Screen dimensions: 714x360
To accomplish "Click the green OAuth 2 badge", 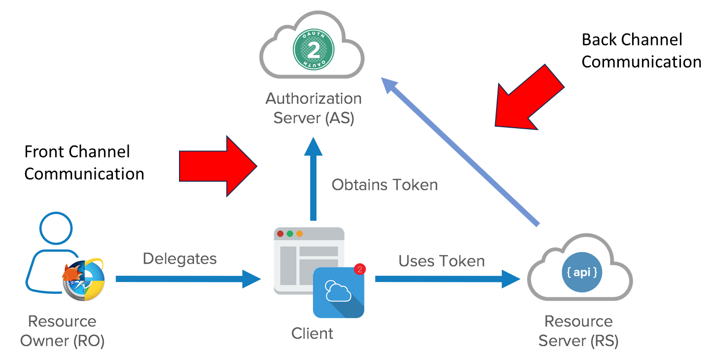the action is [x=313, y=49].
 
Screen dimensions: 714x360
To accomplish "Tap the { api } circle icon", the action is [x=582, y=272].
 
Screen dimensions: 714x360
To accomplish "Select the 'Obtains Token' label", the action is [x=385, y=185].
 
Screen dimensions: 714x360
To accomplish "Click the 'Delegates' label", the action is [x=180, y=258].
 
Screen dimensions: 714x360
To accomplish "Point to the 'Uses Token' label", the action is [x=441, y=261].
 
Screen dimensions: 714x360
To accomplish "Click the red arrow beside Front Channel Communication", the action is [x=218, y=166].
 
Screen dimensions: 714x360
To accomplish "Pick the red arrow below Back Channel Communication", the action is [x=529, y=97].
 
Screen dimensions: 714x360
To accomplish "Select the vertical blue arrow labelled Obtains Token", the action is [x=313, y=179].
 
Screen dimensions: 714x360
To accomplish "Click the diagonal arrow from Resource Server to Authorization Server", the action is [x=460, y=152].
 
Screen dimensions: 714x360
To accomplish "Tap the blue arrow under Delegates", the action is [x=188, y=279].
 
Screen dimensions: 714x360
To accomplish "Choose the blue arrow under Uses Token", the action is [x=448, y=279].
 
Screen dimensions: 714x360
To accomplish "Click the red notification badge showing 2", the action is [x=359, y=269].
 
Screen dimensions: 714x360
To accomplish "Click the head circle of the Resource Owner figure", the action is [x=56, y=228].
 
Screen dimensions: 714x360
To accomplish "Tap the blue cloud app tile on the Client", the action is [x=339, y=292].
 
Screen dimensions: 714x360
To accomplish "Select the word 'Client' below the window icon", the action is [x=312, y=333].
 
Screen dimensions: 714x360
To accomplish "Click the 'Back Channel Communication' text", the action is [x=642, y=51].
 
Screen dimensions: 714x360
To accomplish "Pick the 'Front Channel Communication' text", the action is [x=84, y=163].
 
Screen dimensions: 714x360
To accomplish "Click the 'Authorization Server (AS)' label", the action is [x=314, y=108].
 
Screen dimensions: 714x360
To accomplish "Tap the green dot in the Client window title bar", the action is [x=290, y=234].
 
